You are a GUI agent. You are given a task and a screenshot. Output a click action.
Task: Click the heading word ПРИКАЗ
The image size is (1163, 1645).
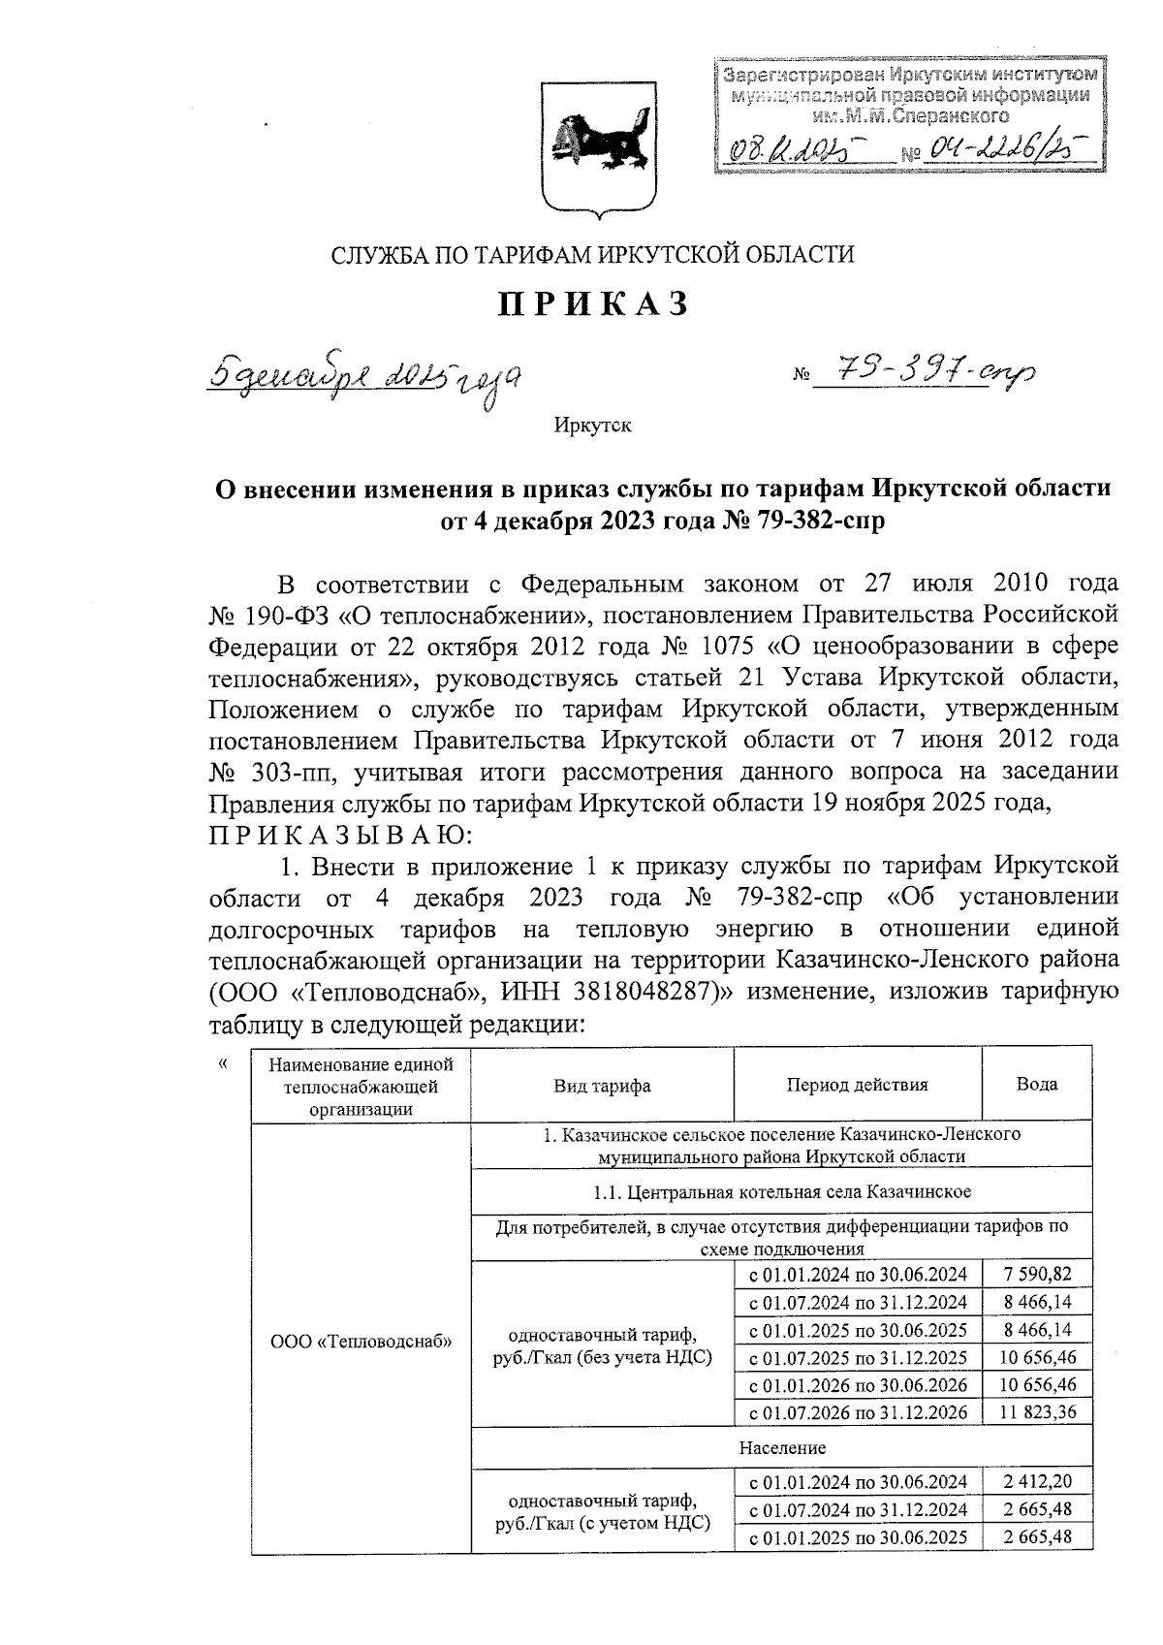tap(594, 303)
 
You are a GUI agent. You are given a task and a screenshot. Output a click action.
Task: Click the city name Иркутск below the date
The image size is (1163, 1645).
tap(593, 426)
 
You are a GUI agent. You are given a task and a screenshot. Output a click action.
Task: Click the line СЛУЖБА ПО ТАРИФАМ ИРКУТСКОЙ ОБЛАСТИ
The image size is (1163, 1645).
tap(593, 255)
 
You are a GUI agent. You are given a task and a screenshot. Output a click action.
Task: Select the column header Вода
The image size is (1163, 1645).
tap(1037, 1085)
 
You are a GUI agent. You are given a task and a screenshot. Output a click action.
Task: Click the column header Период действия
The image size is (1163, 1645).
tap(857, 1085)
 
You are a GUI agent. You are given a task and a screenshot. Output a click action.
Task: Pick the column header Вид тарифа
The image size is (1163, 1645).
tap(602, 1086)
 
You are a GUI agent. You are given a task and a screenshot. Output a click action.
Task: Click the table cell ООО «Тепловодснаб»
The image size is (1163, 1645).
tap(361, 1343)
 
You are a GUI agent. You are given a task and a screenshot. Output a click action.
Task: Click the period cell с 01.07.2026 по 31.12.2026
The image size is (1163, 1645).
tap(857, 1412)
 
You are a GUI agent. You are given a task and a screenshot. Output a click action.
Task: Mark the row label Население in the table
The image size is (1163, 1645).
tap(781, 1448)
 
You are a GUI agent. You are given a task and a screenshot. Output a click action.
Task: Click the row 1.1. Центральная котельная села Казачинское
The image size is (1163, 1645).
tap(781, 1191)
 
